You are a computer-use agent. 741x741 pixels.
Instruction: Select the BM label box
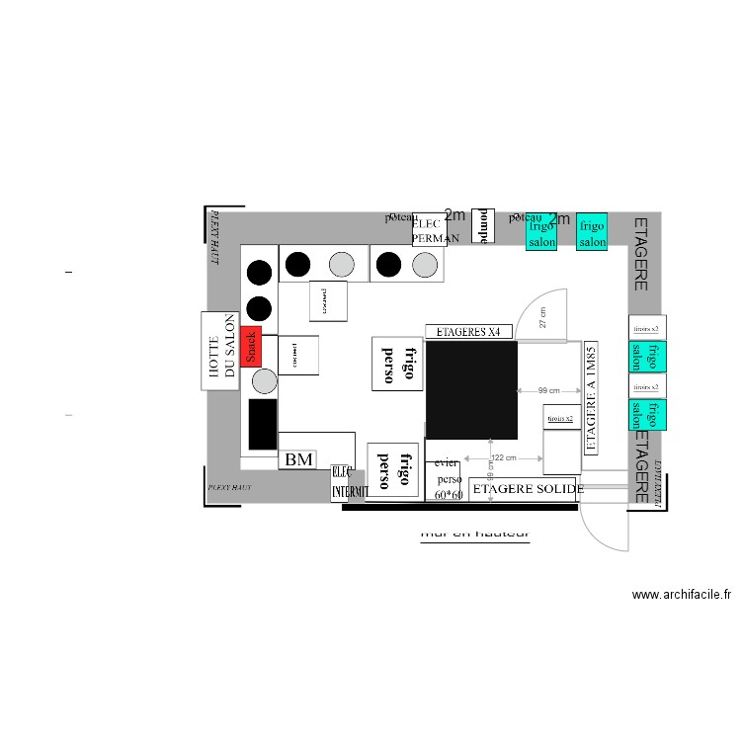point(298,459)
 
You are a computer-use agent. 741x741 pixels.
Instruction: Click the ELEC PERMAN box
point(430,230)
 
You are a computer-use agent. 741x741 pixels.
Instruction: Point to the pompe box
point(483,224)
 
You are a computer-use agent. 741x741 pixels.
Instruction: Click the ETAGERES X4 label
point(469,331)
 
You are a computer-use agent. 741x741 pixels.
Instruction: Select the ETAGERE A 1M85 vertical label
point(591,398)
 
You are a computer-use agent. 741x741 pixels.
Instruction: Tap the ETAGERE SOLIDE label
point(528,489)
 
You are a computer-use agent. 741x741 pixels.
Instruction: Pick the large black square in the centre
point(471,390)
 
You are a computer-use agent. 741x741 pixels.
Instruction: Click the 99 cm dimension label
point(549,390)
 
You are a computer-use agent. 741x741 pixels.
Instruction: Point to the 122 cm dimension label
point(504,458)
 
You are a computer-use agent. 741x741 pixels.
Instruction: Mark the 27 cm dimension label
point(542,317)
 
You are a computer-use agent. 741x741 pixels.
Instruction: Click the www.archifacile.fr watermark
point(681,595)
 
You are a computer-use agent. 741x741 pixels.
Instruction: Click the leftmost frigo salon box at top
point(541,233)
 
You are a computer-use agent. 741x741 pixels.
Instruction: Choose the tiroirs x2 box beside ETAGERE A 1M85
point(560,419)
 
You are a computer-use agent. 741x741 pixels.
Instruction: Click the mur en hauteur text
point(475,534)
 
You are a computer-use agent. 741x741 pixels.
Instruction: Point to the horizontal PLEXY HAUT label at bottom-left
point(230,488)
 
